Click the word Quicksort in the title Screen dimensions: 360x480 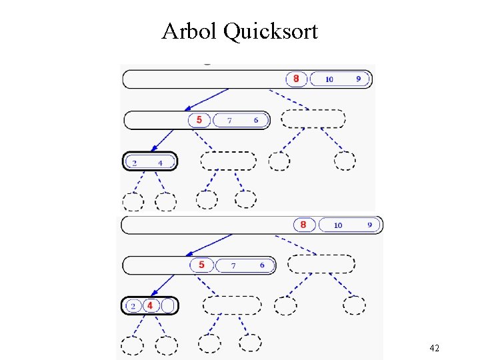click(271, 31)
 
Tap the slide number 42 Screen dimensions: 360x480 click(434, 348)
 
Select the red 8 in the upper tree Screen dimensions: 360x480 click(296, 79)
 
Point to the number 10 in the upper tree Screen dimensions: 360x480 click(329, 79)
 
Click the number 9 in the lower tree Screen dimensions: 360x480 click(369, 225)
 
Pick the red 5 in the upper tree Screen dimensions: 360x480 click(199, 120)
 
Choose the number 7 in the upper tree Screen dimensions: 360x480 click(229, 121)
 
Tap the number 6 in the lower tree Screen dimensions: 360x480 click(262, 265)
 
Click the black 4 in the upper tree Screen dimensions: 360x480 click(160, 163)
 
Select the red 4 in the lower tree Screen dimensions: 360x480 click(151, 305)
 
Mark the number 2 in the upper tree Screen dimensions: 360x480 click(135, 163)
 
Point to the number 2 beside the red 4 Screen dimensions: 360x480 click(133, 306)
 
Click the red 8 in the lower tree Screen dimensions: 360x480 click(303, 225)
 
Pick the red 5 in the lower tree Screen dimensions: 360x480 click(201, 265)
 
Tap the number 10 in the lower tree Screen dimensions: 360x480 click(338, 225)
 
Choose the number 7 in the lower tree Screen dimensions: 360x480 click(233, 266)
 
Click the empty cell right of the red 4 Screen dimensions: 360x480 click(169, 305)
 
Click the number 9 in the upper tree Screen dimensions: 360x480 click(359, 79)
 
